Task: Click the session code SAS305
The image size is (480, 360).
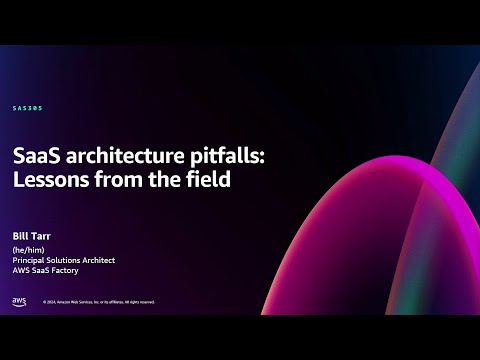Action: [x=28, y=108]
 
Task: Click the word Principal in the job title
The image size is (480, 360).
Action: [x=32, y=260]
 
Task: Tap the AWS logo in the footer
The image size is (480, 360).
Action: [x=19, y=301]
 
